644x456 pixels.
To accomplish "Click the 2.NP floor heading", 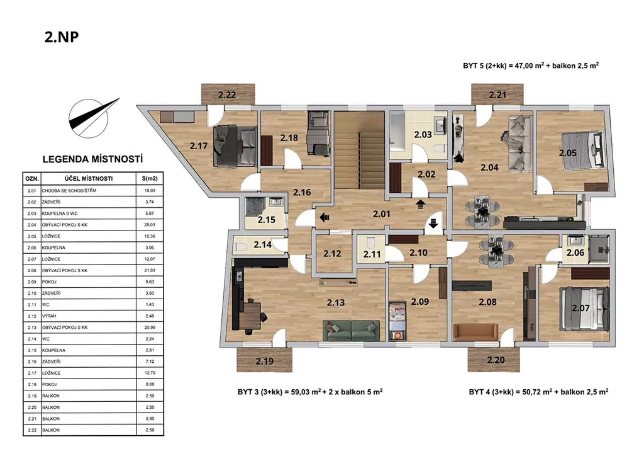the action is pos(62,37).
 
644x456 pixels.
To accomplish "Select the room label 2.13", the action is pos(336,302).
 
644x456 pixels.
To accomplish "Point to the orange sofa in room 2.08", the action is pos(475,333).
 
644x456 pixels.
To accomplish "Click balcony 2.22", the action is pos(228,94).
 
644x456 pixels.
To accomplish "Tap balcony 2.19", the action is pos(264,361).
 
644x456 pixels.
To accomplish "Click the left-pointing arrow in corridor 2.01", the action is pos(325,217).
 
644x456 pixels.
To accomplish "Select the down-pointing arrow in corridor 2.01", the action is pos(433,223).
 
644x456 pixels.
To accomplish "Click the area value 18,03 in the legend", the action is pos(150,191).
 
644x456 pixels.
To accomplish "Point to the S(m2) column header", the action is pos(150,179).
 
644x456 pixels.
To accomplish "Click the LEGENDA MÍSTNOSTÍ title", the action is pos(93,159).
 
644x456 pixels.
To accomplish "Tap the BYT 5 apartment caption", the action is pos(531,66).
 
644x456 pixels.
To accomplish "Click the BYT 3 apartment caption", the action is pos(310,392).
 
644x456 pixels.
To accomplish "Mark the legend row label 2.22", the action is pos(32,430).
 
